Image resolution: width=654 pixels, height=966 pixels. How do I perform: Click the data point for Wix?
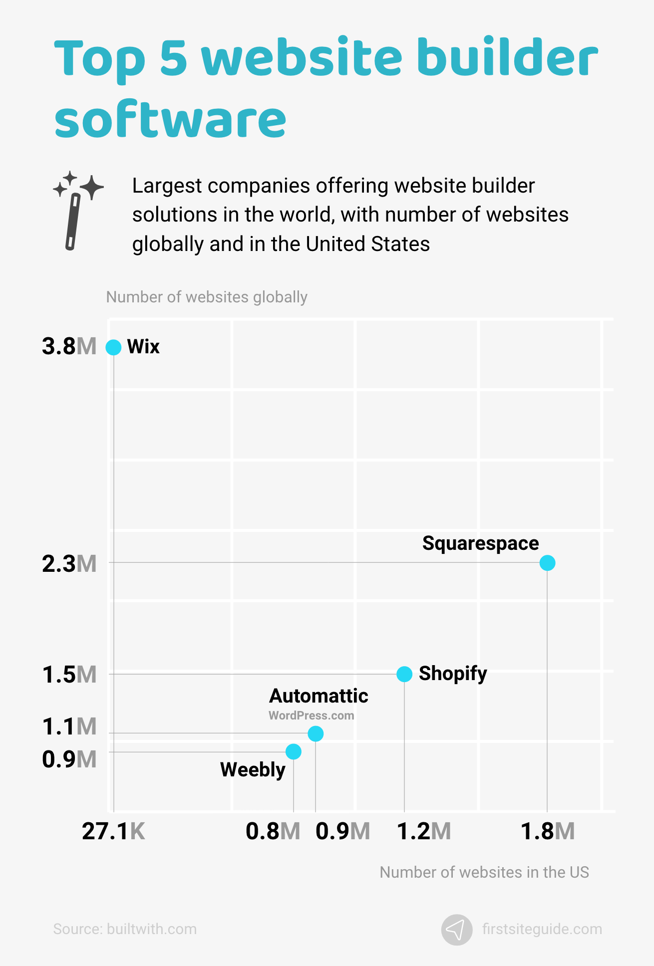pyautogui.click(x=113, y=347)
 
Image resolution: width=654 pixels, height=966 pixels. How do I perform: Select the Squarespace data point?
pyautogui.click(x=547, y=563)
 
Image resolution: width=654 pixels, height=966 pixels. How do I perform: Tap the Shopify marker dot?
pyautogui.click(x=404, y=674)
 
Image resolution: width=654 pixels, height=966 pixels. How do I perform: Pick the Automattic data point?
pyautogui.click(x=316, y=733)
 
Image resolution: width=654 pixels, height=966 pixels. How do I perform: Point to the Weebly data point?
pyautogui.click(x=294, y=751)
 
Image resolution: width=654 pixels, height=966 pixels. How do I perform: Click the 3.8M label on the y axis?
pyautogui.click(x=69, y=346)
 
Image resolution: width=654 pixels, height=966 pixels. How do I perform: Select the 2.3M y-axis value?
pyautogui.click(x=69, y=564)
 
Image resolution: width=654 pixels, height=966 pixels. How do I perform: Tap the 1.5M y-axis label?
pyautogui.click(x=69, y=675)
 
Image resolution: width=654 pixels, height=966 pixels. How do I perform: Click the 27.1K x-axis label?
pyautogui.click(x=113, y=832)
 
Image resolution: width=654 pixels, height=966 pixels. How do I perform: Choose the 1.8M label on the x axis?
pyautogui.click(x=547, y=832)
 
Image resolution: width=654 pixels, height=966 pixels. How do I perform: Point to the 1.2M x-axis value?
pyautogui.click(x=423, y=832)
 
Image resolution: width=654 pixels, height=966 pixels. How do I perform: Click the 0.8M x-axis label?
pyautogui.click(x=273, y=832)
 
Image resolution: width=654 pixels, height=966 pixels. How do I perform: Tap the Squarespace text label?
pyautogui.click(x=480, y=543)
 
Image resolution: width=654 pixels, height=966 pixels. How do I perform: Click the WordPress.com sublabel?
pyautogui.click(x=311, y=716)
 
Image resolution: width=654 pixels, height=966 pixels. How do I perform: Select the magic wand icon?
pyautogui.click(x=77, y=210)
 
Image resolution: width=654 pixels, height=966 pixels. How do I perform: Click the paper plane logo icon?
pyautogui.click(x=456, y=930)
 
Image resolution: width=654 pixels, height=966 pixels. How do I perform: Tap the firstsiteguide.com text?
pyautogui.click(x=542, y=929)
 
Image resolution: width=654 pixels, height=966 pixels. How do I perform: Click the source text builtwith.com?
pyautogui.click(x=125, y=929)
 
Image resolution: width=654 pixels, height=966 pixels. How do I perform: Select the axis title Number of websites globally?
pyautogui.click(x=207, y=297)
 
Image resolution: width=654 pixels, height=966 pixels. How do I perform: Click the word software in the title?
pyautogui.click(x=170, y=120)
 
